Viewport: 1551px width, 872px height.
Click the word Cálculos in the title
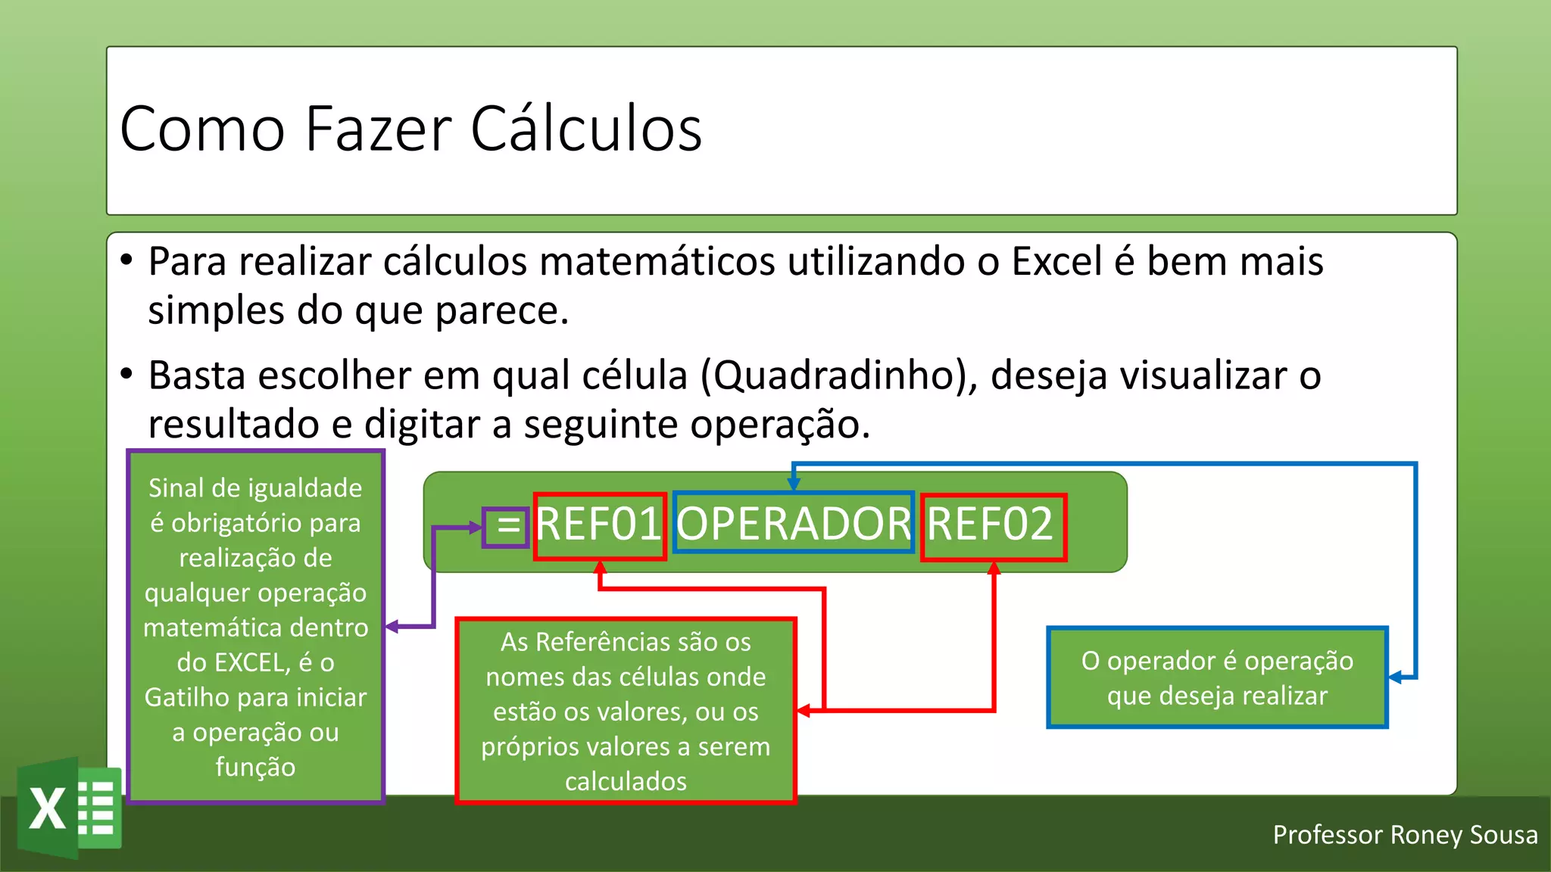[586, 129]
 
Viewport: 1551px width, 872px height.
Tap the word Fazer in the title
[379, 129]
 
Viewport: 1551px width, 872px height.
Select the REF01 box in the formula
[599, 525]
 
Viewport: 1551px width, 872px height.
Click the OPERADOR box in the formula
[793, 524]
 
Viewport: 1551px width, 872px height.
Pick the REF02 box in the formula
[993, 526]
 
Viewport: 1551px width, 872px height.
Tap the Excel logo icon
[70, 808]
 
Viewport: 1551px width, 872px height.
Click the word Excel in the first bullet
[1056, 262]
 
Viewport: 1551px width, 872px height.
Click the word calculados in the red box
[626, 781]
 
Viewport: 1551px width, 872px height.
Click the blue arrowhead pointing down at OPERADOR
[793, 484]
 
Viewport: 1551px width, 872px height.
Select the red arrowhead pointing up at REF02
[994, 568]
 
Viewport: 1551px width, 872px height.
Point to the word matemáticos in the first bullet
[654, 262]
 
